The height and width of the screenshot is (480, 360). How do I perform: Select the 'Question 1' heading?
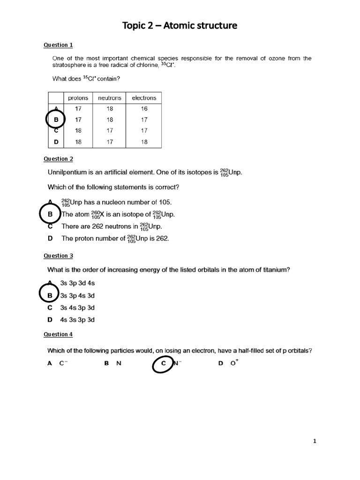[x=58, y=45]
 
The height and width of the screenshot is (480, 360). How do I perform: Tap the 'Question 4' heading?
[x=58, y=334]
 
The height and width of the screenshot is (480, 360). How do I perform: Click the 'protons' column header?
[x=78, y=98]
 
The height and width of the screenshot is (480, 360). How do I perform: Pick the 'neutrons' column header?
[x=110, y=98]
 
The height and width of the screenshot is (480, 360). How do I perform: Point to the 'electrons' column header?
[x=144, y=98]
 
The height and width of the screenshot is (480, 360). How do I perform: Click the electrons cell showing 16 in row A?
[x=144, y=109]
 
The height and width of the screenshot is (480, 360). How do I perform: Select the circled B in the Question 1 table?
[x=56, y=120]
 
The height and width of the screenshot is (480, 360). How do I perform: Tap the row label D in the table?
[x=56, y=141]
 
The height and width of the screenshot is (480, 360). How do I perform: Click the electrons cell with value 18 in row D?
[x=144, y=141]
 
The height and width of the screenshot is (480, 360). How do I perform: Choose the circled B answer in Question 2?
[x=50, y=214]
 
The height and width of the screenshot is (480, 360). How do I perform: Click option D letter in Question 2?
[x=50, y=239]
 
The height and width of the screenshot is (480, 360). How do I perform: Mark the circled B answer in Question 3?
[x=50, y=296]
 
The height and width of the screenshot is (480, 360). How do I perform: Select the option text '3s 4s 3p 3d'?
[x=78, y=308]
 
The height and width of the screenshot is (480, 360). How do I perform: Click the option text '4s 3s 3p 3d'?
[x=78, y=320]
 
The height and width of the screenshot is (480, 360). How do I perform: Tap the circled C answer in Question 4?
[x=164, y=363]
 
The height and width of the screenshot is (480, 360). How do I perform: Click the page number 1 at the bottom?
[x=315, y=441]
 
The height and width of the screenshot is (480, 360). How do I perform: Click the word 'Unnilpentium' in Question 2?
[x=68, y=172]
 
